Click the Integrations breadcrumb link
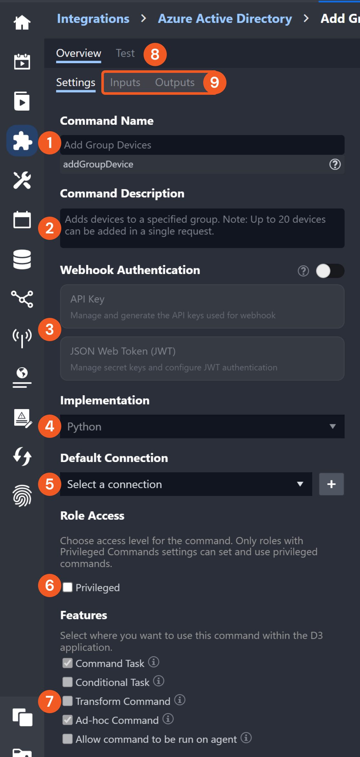click(93, 19)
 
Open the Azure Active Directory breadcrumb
click(225, 19)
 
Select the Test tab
click(125, 53)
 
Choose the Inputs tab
click(125, 83)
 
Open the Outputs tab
click(175, 83)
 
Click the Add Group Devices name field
click(202, 145)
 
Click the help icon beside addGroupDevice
click(335, 164)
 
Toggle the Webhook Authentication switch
click(330, 271)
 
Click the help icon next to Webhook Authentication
click(303, 271)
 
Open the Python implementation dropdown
click(202, 427)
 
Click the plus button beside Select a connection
click(331, 484)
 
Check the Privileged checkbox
click(67, 587)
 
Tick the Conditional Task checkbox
click(67, 682)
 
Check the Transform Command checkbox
click(67, 701)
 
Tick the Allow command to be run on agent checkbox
click(67, 739)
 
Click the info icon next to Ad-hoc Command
click(168, 719)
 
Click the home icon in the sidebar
click(22, 22)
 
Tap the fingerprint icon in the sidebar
click(22, 496)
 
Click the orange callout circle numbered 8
click(155, 54)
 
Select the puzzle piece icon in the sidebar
click(22, 141)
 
